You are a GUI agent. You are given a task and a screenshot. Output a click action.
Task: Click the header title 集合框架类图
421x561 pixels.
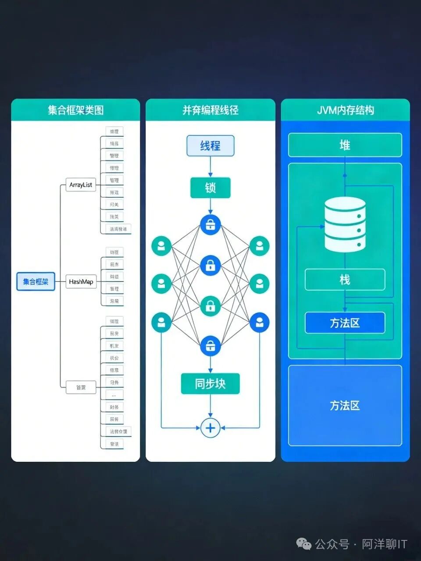75,110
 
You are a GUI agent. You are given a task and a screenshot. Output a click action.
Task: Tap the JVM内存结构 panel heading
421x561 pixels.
345,110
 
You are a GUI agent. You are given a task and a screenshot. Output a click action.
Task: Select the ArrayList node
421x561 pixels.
81,185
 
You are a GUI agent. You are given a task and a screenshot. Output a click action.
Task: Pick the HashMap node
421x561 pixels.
81,282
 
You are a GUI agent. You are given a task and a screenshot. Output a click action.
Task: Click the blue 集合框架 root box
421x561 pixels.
36,281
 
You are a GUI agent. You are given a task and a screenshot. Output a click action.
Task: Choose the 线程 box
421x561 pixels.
210,146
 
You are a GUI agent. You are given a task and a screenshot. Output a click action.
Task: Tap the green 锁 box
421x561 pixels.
210,188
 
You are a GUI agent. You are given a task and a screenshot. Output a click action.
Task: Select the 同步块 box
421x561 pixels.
210,384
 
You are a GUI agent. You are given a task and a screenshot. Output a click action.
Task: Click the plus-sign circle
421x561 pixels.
210,428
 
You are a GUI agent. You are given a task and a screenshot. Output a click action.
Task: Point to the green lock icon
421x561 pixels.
210,305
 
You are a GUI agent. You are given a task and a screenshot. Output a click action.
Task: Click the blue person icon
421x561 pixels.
260,323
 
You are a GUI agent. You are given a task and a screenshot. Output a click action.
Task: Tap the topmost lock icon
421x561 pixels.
210,224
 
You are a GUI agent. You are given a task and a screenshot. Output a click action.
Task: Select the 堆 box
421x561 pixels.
345,145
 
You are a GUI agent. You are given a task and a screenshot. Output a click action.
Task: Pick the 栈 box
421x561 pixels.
345,280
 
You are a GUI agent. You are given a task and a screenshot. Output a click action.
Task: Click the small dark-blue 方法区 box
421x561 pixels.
345,323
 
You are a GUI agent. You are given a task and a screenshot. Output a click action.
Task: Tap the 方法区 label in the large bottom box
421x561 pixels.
345,405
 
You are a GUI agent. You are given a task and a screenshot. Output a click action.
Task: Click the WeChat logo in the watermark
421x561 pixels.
304,544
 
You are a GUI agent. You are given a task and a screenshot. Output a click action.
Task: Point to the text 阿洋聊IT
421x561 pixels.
385,544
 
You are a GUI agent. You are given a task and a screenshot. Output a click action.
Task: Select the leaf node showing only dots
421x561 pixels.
114,395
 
